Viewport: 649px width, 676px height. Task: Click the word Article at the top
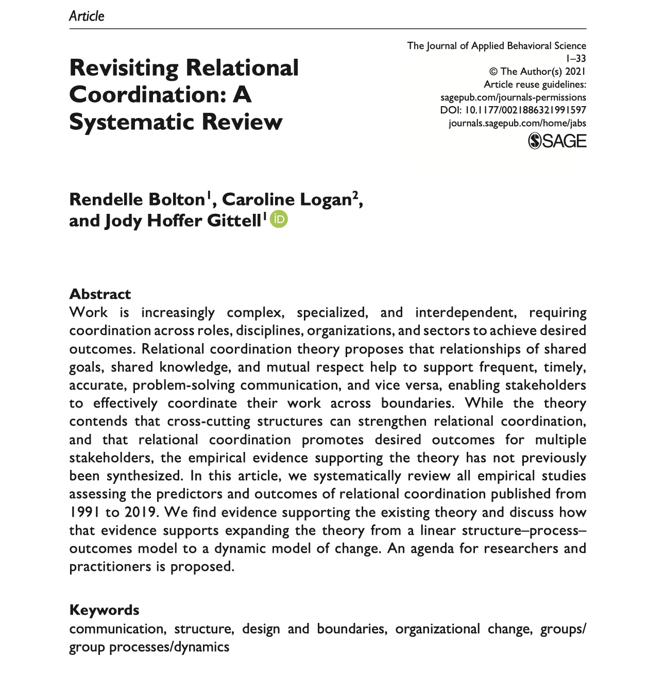click(87, 16)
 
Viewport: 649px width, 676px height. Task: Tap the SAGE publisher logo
click(557, 141)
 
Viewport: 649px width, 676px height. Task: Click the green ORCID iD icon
click(279, 219)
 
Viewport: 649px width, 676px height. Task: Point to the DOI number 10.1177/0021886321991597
click(525, 110)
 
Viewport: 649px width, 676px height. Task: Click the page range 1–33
click(576, 59)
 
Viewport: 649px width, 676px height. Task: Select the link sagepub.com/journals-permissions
click(513, 97)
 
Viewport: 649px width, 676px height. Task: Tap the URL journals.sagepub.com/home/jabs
click(517, 123)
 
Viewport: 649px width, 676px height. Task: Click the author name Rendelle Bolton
click(137, 199)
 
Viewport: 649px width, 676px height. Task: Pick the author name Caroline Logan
click(286, 199)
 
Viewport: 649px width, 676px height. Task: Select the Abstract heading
click(100, 294)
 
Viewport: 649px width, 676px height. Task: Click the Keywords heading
click(104, 610)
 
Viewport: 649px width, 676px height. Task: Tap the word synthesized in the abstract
click(144, 476)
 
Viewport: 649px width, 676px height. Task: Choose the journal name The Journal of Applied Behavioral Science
click(497, 46)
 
